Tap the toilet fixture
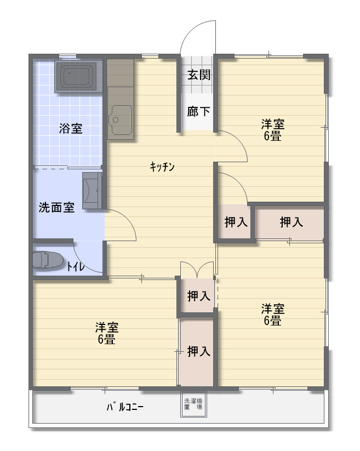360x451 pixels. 48,260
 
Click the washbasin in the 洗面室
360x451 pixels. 92,190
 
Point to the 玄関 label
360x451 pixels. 199,75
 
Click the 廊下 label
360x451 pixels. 198,111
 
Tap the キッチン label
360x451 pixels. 162,167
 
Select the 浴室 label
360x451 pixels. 71,128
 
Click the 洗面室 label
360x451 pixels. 56,207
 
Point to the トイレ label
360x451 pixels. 76,267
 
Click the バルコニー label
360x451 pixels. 125,407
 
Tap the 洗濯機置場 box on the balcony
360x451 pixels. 193,404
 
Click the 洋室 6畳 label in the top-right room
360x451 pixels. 272,130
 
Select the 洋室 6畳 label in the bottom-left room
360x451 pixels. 107,333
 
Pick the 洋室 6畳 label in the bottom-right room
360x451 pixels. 272,315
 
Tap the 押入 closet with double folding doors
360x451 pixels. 197,295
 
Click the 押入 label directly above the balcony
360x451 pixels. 199,351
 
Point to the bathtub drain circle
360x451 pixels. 69,73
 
